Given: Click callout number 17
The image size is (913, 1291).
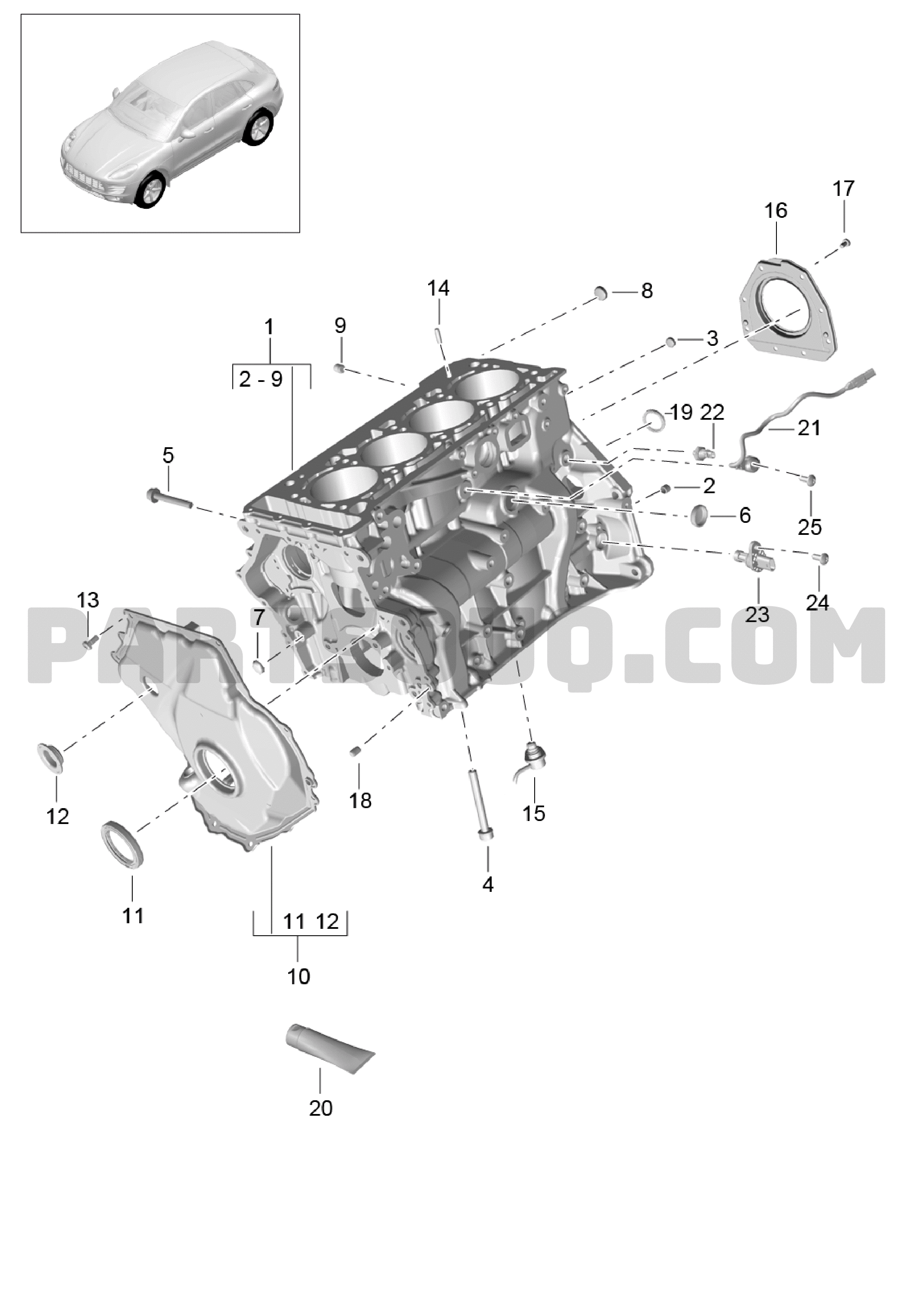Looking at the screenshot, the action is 843,188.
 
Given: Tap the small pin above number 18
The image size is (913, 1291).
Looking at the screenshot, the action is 355,751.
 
